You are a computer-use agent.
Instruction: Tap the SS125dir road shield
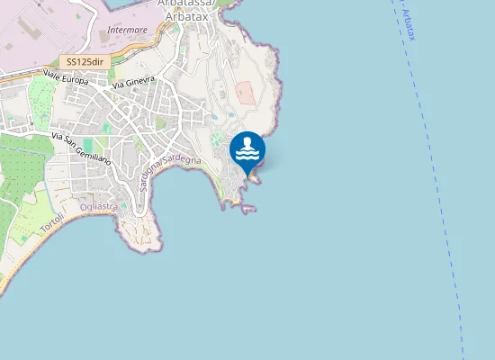pyautogui.click(x=85, y=62)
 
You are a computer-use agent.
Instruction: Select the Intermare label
pyautogui.click(x=127, y=30)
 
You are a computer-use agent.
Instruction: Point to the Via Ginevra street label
pyautogui.click(x=134, y=83)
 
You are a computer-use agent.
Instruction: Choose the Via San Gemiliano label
pyautogui.click(x=81, y=149)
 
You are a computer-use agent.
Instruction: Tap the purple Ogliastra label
pyautogui.click(x=99, y=207)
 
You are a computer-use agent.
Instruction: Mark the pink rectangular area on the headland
pyautogui.click(x=245, y=93)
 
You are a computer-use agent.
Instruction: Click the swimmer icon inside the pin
pyautogui.click(x=247, y=143)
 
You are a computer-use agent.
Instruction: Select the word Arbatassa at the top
pyautogui.click(x=191, y=4)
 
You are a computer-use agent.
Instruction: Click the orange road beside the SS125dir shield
pyautogui.click(x=36, y=71)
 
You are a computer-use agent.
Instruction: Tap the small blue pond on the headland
pyautogui.click(x=216, y=115)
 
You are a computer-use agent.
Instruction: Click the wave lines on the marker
pyautogui.click(x=247, y=154)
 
